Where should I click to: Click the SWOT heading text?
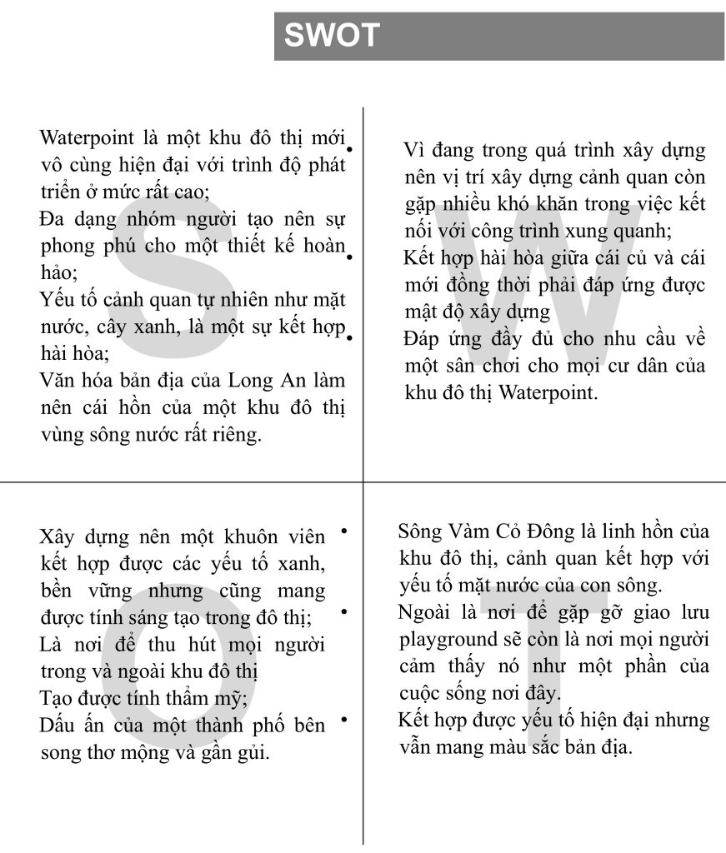(332, 36)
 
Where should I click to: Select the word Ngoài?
(423, 613)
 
